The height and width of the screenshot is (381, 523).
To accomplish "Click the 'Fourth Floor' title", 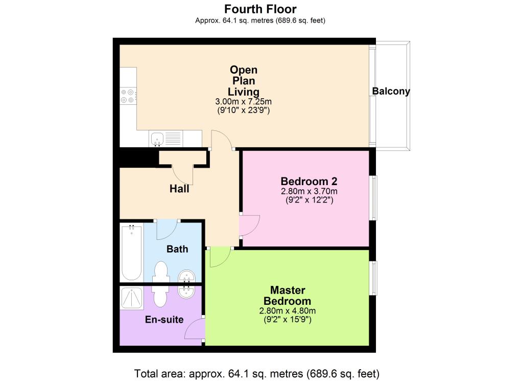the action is [x=260, y=9].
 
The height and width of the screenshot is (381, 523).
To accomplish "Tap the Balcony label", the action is [x=391, y=91].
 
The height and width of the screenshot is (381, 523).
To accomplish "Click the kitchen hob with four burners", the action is [x=128, y=96].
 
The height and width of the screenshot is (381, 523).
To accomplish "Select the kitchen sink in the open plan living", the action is [x=157, y=139].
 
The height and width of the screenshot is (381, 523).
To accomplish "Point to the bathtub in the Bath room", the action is [x=131, y=253].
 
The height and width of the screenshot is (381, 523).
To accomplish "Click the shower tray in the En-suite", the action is [x=132, y=298].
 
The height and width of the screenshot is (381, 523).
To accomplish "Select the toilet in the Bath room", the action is [x=160, y=272].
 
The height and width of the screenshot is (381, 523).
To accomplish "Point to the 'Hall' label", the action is [x=179, y=189].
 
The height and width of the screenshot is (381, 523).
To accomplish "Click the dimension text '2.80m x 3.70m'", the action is [x=309, y=191].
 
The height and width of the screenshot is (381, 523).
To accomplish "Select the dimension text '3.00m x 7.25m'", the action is [x=244, y=101].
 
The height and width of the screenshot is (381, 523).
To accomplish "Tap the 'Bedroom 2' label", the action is [x=309, y=182].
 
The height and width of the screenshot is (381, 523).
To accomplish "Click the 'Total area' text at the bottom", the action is [x=257, y=373].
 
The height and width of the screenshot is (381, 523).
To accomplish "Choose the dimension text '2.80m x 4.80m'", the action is [x=288, y=311].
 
